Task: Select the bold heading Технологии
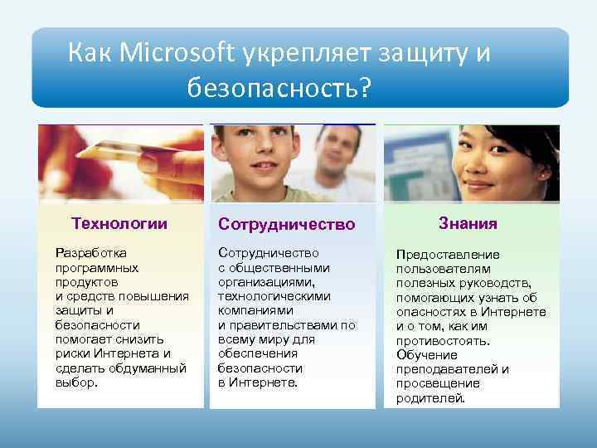point(119,223)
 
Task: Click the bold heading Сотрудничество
point(286,225)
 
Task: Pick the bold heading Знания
point(468,223)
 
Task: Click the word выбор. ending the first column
point(76,383)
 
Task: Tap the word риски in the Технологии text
point(70,353)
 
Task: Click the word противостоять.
point(443,340)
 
